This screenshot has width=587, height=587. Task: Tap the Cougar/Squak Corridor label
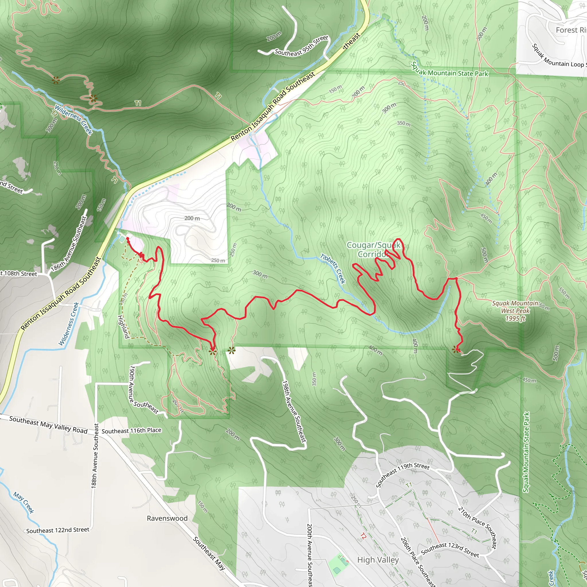tap(373, 250)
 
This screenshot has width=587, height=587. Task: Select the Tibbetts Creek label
tap(333, 269)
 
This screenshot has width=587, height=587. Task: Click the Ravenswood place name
tap(167, 518)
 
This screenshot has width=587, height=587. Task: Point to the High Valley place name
tap(378, 560)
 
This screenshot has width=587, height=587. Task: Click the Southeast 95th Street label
tap(302, 46)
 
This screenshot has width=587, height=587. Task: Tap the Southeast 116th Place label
tap(131, 431)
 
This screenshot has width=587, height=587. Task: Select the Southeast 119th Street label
tap(403, 475)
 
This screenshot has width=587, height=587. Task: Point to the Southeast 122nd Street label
tap(58, 530)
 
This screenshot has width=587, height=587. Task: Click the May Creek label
tap(24, 503)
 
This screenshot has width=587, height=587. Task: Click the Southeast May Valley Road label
tap(48, 425)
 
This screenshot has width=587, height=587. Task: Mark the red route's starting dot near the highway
tap(128, 238)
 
